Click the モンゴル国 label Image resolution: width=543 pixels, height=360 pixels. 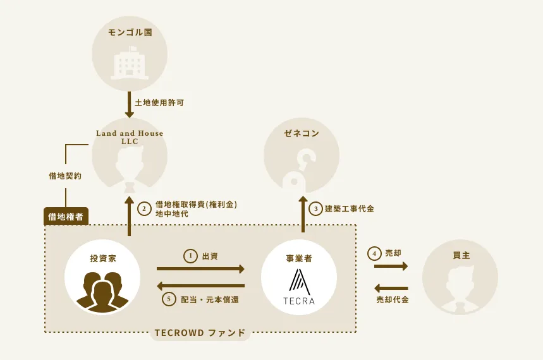pyautogui.click(x=130, y=33)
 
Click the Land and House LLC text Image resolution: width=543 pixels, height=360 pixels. pyautogui.click(x=130, y=137)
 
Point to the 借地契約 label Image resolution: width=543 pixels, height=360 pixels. pyautogui.click(x=65, y=176)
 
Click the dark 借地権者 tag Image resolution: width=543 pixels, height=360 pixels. pyautogui.click(x=66, y=217)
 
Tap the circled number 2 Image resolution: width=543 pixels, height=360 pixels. pyautogui.click(x=144, y=209)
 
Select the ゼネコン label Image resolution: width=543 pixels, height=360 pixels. pyautogui.click(x=302, y=133)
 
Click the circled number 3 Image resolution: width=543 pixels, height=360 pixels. pyautogui.click(x=315, y=208)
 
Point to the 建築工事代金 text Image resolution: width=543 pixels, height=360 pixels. pyautogui.click(x=350, y=208)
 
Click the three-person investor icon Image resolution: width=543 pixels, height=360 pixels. pyautogui.click(x=102, y=291)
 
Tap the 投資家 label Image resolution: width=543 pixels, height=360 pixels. pyautogui.click(x=103, y=258)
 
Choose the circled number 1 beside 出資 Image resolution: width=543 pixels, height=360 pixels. pyautogui.click(x=190, y=256)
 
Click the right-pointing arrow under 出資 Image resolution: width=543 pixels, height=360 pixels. pyautogui.click(x=200, y=268)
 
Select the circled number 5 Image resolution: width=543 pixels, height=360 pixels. pyautogui.click(x=169, y=299)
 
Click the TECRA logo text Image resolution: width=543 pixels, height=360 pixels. pyautogui.click(x=299, y=301)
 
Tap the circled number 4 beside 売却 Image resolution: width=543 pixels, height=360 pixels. pyautogui.click(x=374, y=254)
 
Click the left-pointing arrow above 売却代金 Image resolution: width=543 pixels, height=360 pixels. pyautogui.click(x=391, y=288)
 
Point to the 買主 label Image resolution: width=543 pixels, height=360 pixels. pyautogui.click(x=461, y=255)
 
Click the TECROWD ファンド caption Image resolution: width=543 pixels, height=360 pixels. pyautogui.click(x=200, y=333)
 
